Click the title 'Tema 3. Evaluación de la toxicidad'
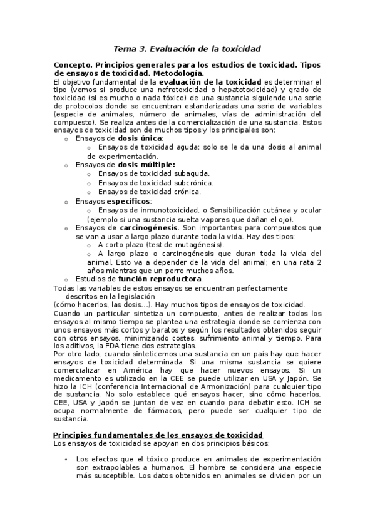tap(187, 48)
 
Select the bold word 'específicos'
tap(129, 202)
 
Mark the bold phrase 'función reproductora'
tap(160, 278)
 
